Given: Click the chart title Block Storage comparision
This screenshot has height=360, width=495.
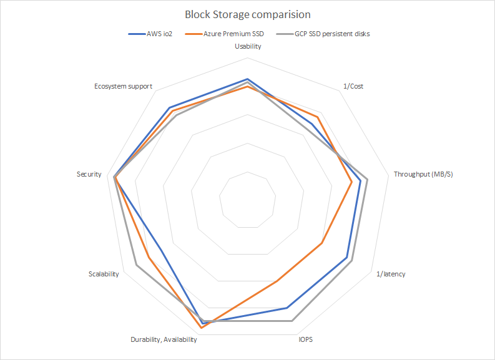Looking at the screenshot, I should [247, 14].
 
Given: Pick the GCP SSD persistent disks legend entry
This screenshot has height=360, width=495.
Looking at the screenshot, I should [324, 34].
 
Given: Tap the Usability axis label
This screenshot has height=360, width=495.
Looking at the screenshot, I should [248, 46].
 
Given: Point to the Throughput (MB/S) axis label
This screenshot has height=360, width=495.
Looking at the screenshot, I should [423, 174].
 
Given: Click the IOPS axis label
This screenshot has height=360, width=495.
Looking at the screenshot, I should [305, 339].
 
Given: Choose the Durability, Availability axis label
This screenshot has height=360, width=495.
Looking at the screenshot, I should [164, 339].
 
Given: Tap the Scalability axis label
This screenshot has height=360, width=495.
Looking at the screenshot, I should [104, 274].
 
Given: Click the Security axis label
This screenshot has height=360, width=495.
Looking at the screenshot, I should [89, 174].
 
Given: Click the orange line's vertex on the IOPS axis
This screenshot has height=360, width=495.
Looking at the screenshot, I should [277, 281].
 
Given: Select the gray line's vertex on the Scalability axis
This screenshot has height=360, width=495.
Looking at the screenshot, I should [136, 266].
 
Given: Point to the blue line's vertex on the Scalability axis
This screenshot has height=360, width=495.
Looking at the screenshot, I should [161, 251].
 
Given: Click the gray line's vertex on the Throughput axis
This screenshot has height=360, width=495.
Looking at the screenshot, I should [367, 180].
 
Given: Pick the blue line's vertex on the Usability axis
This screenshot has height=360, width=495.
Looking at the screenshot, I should [248, 79].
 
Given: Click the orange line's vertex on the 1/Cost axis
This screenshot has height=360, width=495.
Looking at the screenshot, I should [318, 117].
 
